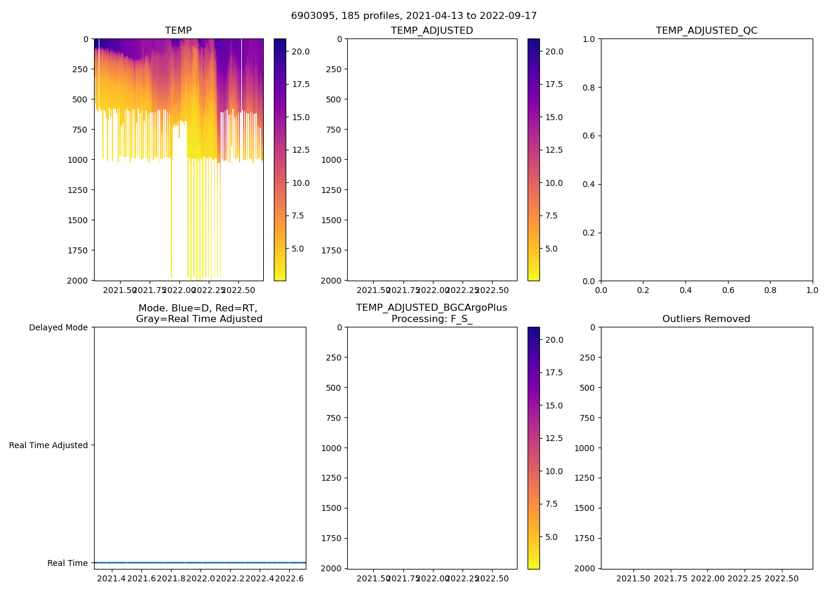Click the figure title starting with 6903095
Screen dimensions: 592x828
pyautogui.click(x=413, y=16)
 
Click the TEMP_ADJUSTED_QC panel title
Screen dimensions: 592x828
pyautogui.click(x=706, y=31)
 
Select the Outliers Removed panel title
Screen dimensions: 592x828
pyautogui.click(x=706, y=319)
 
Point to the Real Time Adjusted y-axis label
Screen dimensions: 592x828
pyautogui.click(x=48, y=445)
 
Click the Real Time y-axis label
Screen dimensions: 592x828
pyautogui.click(x=67, y=563)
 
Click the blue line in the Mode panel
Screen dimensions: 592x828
pyautogui.click(x=200, y=562)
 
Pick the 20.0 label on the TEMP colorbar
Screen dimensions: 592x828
pyautogui.click(x=300, y=52)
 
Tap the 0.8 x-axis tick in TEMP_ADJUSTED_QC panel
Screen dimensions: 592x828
pyautogui.click(x=770, y=290)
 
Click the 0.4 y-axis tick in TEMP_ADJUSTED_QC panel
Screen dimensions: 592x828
pyautogui.click(x=590, y=184)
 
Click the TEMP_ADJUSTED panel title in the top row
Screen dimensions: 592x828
pyautogui.click(x=432, y=31)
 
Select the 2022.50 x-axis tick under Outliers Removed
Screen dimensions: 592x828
pyautogui.click(x=782, y=578)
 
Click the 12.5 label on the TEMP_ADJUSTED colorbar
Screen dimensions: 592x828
pyautogui.click(x=554, y=150)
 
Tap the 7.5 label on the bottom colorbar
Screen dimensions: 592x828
pyautogui.click(x=551, y=504)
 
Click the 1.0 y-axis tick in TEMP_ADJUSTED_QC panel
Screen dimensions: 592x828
pyautogui.click(x=590, y=39)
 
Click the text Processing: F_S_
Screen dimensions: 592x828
pyautogui.click(x=432, y=319)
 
